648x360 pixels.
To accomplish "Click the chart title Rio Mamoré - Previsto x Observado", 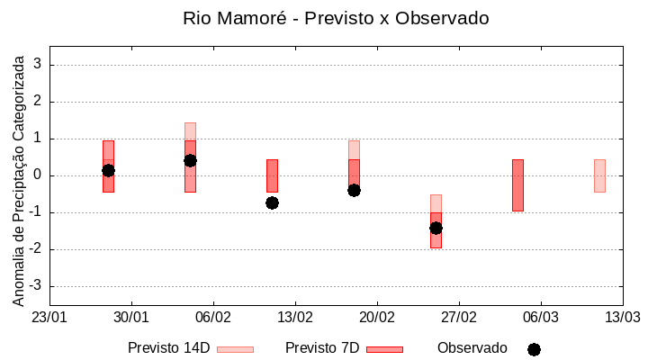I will (x=336, y=18).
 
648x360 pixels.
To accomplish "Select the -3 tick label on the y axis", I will (x=35, y=286).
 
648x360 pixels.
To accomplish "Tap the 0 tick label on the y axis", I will (x=38, y=175).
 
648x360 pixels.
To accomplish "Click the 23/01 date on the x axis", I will (x=49, y=318).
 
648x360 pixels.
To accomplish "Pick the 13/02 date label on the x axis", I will (x=295, y=318).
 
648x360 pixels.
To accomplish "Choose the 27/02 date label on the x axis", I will (x=459, y=318).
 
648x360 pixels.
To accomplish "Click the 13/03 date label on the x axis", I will (x=622, y=318).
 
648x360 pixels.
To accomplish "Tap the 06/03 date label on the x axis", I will (x=540, y=318).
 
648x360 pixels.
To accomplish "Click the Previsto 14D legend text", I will (x=168, y=348).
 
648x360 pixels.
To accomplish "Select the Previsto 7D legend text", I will (x=321, y=348).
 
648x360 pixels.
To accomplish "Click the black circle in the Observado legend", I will (x=534, y=349).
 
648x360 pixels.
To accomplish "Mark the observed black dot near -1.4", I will (x=436, y=228).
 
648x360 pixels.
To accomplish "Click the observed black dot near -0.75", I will (x=272, y=202).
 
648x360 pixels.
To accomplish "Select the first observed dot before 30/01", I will (x=108, y=170).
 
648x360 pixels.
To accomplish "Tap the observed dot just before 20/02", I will (x=354, y=190).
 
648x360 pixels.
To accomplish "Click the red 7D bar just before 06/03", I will (x=517, y=184).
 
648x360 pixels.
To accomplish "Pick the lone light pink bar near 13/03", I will (x=599, y=175).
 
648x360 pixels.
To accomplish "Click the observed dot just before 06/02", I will (x=190, y=160).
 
